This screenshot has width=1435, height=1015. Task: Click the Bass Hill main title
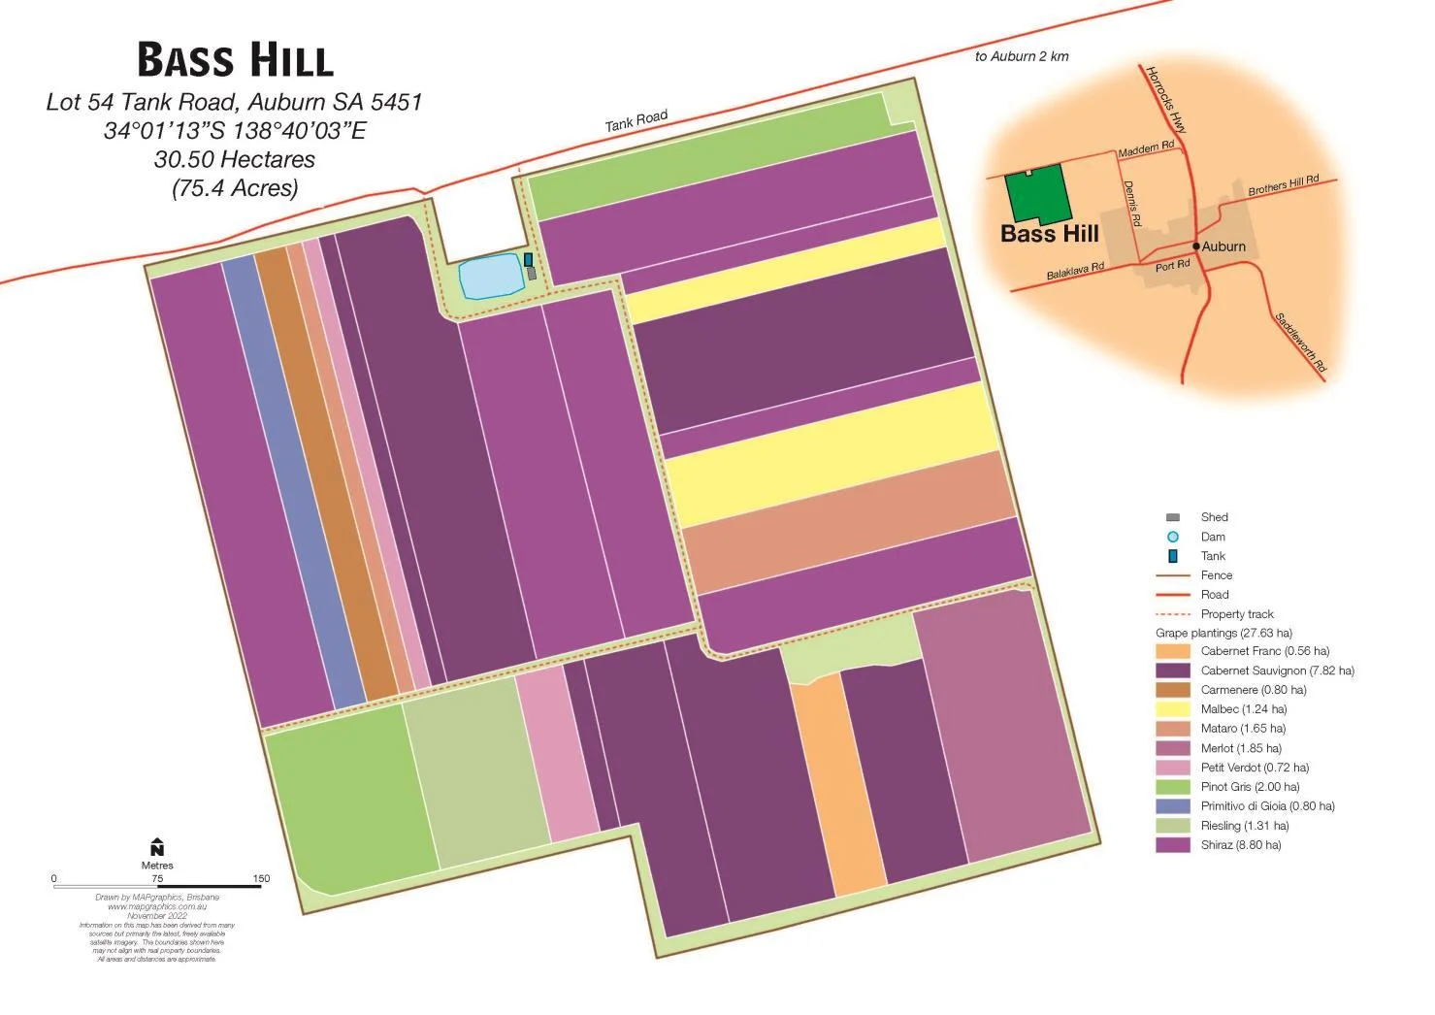235,59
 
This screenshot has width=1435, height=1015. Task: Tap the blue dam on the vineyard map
490,278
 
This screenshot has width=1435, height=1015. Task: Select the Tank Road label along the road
636,121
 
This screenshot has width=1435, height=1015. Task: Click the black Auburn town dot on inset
1196,246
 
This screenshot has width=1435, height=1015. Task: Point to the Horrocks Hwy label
1165,99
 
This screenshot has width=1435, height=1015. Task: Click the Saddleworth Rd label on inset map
1300,343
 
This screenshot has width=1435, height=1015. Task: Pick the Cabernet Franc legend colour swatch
1172,651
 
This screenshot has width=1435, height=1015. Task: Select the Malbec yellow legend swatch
1172,709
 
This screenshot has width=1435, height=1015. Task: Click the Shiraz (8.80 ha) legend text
1240,845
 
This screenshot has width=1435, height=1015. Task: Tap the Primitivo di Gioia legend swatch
1172,806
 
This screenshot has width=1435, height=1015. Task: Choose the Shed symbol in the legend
1172,517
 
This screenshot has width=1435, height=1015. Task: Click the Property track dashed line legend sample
1172,614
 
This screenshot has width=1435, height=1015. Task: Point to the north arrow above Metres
157,847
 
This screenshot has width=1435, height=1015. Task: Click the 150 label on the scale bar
261,878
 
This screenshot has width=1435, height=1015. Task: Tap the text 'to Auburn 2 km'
1022,56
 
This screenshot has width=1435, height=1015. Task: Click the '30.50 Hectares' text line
235,159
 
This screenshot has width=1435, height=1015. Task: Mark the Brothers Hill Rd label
1283,184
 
